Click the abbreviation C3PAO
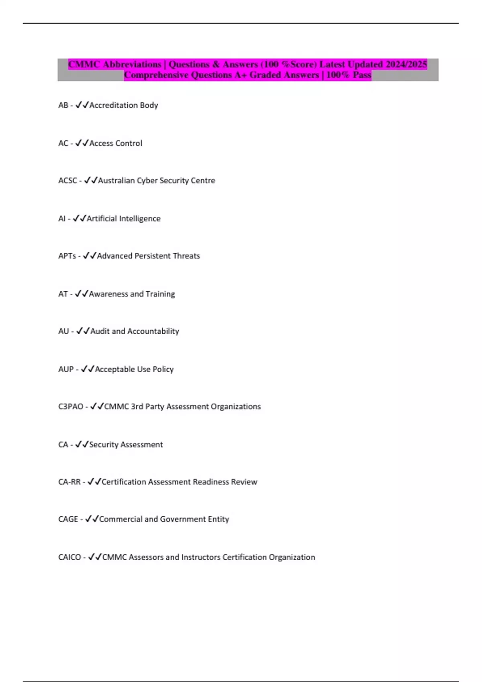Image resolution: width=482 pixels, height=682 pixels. point(71,406)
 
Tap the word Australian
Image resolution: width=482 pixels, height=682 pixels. point(116,181)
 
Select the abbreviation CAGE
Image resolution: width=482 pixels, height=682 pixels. point(68,519)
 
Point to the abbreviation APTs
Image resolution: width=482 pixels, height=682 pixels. point(67,256)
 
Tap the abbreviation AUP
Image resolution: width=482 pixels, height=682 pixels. point(66,369)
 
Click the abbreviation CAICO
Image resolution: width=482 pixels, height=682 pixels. point(69,557)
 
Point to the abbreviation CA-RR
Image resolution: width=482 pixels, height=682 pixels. point(69,482)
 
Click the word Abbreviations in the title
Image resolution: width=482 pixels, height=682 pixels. point(132,64)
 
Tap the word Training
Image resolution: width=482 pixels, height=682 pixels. point(160,294)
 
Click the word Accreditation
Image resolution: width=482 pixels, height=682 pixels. point(113,105)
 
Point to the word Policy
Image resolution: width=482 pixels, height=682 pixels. point(163,369)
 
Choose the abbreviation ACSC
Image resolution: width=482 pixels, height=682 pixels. point(67,181)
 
